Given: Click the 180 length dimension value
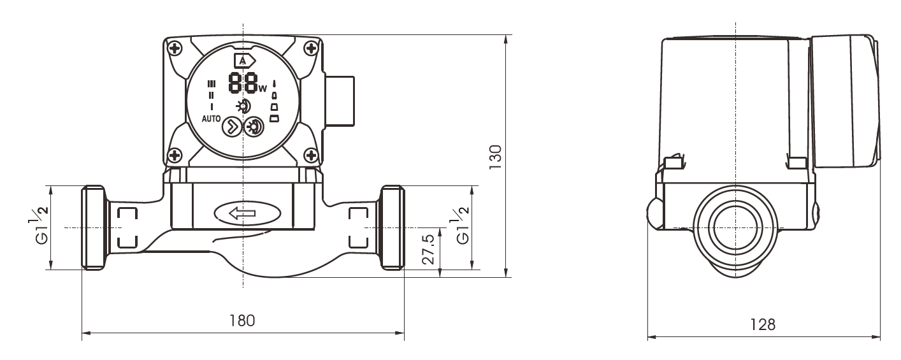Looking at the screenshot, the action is (x=242, y=320).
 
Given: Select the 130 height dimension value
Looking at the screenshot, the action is (x=496, y=157).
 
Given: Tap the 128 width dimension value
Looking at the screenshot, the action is (x=763, y=324).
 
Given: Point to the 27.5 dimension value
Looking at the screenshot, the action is (x=429, y=249).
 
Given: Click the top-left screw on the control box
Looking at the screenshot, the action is (x=175, y=49).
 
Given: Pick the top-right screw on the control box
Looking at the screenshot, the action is (x=311, y=49).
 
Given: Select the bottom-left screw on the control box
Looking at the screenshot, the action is (x=175, y=155).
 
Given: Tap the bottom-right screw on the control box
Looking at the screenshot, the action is (x=311, y=155).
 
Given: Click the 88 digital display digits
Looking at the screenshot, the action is (x=243, y=83).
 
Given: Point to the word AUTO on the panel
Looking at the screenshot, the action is (x=211, y=119).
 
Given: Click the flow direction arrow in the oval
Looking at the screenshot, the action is (x=242, y=213).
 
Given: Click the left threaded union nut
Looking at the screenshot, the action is (x=94, y=227).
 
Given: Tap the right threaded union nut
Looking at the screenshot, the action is (x=392, y=227).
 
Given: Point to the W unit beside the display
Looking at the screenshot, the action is (x=263, y=89).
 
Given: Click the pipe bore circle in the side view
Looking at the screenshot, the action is (x=736, y=227).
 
